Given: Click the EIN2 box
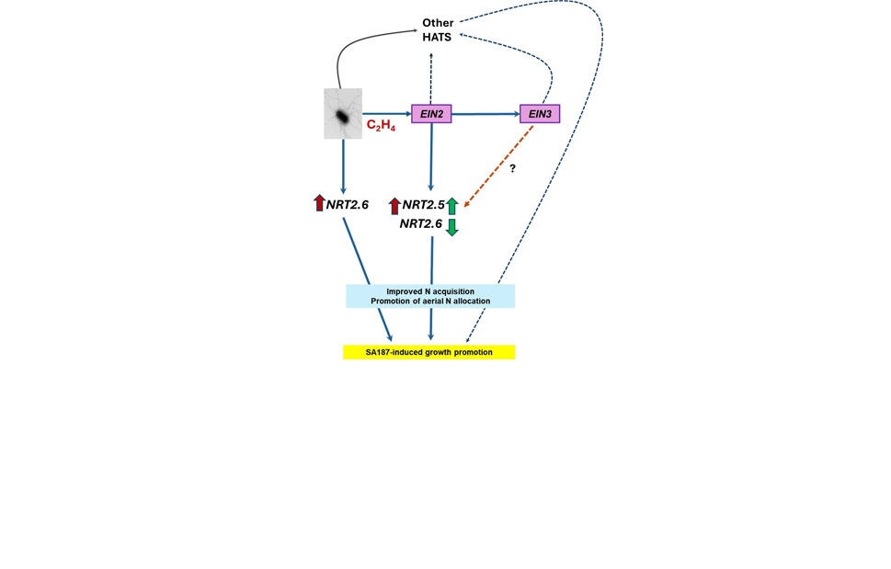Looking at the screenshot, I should click(430, 114).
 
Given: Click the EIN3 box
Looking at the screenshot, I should click(540, 114).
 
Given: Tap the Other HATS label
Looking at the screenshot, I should click(437, 29).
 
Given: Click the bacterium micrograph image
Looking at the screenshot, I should click(343, 114).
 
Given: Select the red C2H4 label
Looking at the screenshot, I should click(381, 125).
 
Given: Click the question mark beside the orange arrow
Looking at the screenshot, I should click(513, 169).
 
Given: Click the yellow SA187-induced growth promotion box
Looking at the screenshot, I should click(428, 352).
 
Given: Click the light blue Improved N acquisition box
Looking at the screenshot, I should click(429, 296).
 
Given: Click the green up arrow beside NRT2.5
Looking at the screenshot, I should click(451, 206).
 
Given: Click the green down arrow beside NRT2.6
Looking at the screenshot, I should click(451, 226).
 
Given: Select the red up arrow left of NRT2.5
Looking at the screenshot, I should click(394, 206).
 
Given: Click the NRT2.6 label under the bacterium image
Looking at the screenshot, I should click(348, 204).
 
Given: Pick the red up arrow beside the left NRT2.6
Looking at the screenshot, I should click(319, 203).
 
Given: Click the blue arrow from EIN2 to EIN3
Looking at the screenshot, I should click(485, 114).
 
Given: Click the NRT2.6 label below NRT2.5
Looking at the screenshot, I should click(420, 223).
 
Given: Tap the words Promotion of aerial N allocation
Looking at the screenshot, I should click(430, 302).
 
